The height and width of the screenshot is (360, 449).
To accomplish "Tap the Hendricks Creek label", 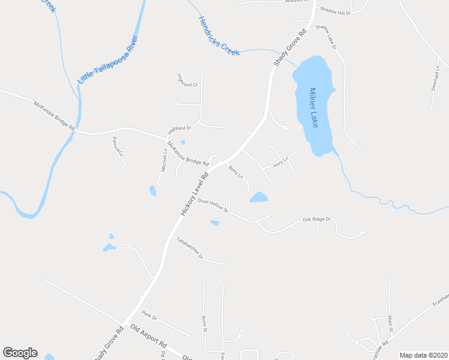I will click(219, 36).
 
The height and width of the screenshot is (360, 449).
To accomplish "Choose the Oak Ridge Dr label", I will click(316, 220).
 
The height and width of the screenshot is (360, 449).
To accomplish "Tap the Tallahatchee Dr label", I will click(189, 248).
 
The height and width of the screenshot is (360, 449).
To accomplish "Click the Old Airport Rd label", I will click(148, 336).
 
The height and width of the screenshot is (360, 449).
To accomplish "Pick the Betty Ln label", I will click(235, 173).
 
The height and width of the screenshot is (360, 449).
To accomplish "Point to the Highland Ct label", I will click(187, 80).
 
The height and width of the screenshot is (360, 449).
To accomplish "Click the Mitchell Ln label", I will click(164, 160).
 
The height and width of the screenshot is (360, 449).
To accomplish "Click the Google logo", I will click(20, 353).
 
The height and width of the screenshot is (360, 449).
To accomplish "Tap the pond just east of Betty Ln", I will click(259, 197).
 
